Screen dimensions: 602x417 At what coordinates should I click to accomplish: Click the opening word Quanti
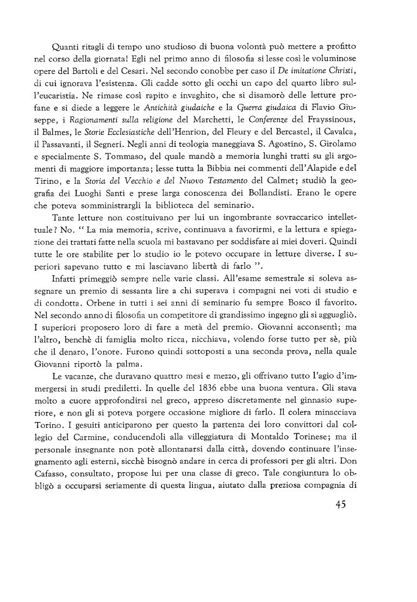tap(64, 42)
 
